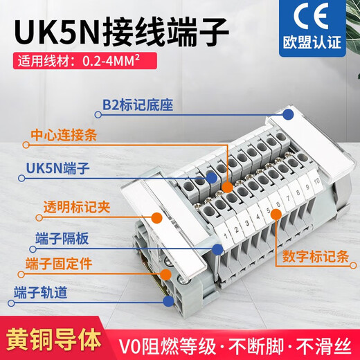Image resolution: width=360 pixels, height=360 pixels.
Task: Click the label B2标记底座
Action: coord(132,106)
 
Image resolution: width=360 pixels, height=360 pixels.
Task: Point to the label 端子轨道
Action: coord(44,293)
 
